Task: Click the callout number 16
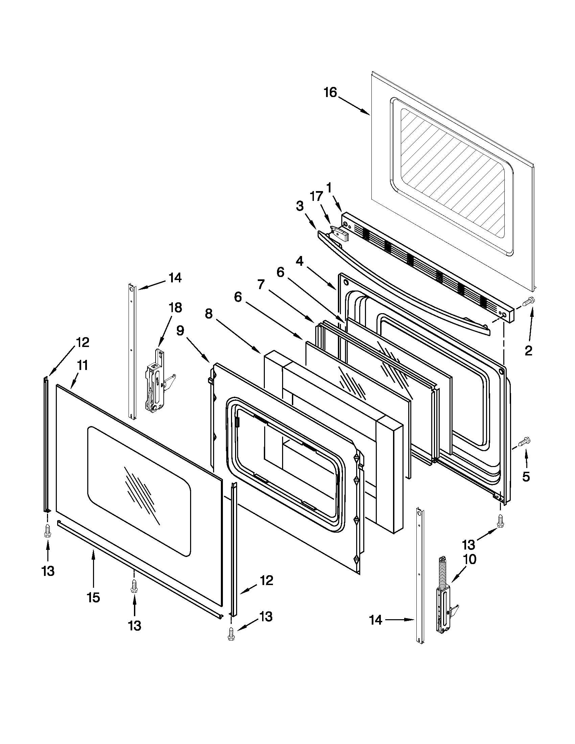(x=330, y=92)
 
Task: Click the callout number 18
(x=175, y=308)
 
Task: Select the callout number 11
(x=81, y=366)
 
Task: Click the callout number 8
(x=209, y=314)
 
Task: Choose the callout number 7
(x=260, y=284)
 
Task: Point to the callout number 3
(x=299, y=206)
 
